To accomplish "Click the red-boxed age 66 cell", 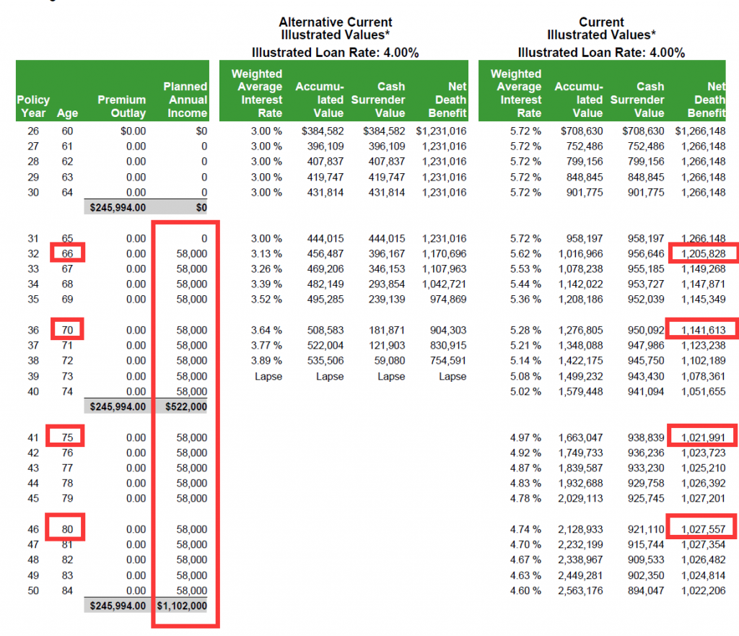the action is click(x=67, y=253).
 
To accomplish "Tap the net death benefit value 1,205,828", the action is click(x=703, y=253).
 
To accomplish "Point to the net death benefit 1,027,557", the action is click(x=703, y=529).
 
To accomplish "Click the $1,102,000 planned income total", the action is click(x=182, y=606).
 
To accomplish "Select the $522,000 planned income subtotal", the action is click(x=185, y=406).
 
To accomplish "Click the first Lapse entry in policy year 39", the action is click(x=268, y=376).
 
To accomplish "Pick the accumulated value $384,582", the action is click(x=323, y=131).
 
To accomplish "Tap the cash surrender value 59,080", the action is click(x=389, y=361).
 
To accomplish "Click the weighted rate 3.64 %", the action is click(x=266, y=330).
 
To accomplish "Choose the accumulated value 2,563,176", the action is click(x=580, y=591).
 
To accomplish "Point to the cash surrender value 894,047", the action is click(x=646, y=591).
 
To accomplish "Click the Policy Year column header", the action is click(x=33, y=106).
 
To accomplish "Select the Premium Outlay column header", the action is click(x=121, y=106).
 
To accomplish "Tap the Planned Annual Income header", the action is click(x=185, y=100).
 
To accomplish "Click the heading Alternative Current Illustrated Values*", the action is click(x=335, y=28).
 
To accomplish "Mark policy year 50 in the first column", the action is click(x=33, y=591).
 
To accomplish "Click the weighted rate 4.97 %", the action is click(x=525, y=437).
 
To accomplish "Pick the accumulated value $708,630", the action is click(x=582, y=131).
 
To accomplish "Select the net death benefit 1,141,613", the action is click(x=703, y=330).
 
